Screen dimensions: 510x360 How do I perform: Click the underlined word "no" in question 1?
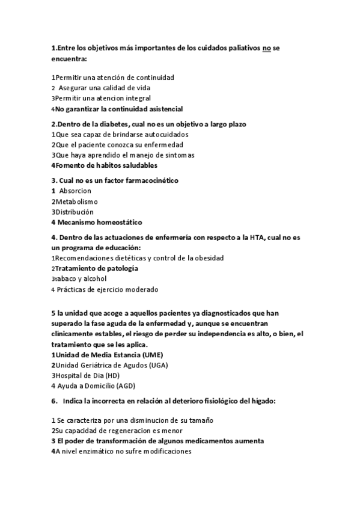267,49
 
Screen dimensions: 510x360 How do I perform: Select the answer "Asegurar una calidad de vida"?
102,87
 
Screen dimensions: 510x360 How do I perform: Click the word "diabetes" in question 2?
114,124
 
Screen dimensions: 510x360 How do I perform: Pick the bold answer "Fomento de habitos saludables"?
106,165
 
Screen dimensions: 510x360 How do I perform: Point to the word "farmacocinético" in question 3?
148,180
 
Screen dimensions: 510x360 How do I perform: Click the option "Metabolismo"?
76,201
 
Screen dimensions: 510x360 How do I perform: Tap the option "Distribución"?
75,212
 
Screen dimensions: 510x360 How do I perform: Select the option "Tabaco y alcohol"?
81,278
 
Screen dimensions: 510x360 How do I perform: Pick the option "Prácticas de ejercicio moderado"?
108,289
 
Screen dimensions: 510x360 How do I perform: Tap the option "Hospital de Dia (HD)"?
90,375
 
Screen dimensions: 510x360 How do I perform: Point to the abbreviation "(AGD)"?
126,386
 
